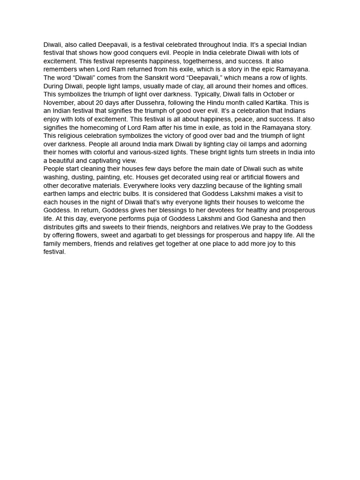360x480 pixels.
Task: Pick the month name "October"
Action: click(273, 94)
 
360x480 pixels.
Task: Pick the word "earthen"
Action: click(55, 194)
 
